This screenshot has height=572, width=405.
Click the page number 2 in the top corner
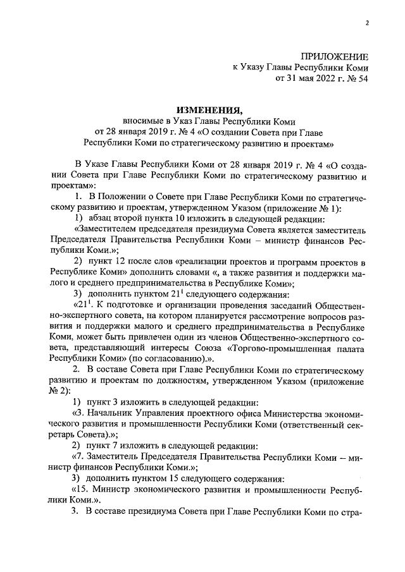pos(366,23)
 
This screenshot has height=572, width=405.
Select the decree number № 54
pos(355,79)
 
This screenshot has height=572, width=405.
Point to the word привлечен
pos(144,340)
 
